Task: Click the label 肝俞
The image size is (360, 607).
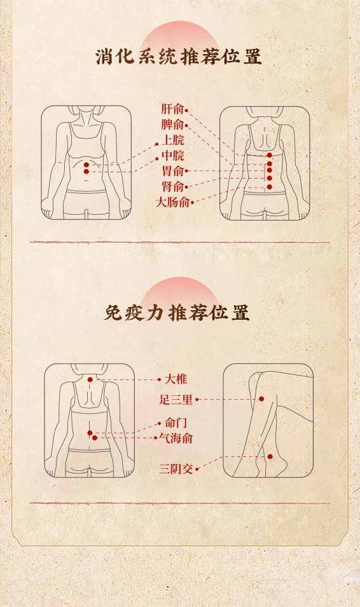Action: point(172,109)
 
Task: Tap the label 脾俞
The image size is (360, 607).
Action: point(172,125)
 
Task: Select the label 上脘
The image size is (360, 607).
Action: point(173,140)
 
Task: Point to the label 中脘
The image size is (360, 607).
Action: point(173,156)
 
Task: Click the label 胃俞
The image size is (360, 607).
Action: point(173,171)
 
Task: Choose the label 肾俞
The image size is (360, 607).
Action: point(173,187)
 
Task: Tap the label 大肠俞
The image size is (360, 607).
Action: point(172,202)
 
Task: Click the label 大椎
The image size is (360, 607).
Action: point(176,379)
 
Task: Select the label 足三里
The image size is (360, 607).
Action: point(176,399)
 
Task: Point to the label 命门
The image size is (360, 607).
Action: point(176,422)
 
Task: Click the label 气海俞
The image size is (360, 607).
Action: point(176,438)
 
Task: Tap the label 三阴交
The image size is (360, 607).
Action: point(176,469)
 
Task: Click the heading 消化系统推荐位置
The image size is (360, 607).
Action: point(179,57)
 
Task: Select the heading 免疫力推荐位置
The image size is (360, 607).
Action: point(177,313)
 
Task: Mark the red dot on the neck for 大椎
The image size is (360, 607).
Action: point(90,379)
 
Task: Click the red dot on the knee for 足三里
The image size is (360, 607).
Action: point(261,399)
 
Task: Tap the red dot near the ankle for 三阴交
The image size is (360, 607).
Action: point(270,457)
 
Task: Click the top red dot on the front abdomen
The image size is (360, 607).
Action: point(86,165)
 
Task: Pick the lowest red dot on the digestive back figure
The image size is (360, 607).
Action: point(270,187)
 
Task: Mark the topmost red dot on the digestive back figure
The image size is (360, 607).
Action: point(270,155)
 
